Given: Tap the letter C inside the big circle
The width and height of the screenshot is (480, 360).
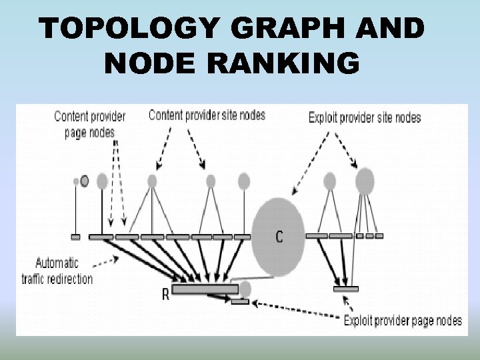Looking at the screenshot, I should (279, 236).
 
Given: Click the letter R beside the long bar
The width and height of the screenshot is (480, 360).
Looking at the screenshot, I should (165, 294).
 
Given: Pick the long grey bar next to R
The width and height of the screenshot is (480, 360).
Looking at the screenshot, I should (205, 289).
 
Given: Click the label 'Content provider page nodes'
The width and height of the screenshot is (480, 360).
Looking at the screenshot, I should (89, 123).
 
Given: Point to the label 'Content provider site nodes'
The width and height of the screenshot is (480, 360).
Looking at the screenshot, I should (207, 115).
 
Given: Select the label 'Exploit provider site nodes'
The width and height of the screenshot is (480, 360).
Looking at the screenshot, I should (365, 118).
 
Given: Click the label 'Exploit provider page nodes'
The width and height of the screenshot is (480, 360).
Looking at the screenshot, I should (403, 321).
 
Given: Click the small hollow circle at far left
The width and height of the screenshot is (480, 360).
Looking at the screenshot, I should (85, 180).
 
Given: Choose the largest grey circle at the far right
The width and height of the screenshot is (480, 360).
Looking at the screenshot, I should (365, 181).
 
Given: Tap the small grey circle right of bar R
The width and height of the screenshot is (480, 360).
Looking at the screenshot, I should (245, 289).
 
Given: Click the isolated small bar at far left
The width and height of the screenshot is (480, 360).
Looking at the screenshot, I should (75, 236).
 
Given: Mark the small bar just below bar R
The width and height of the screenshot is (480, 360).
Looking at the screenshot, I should (240, 302).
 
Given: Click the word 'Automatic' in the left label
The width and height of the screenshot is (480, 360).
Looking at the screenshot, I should (57, 263).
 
